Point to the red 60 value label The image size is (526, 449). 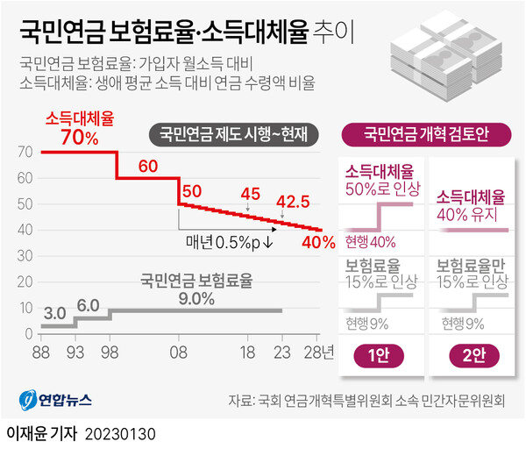[x=147, y=167]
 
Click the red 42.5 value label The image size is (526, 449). [x=292, y=202]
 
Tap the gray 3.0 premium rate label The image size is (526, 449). [x=55, y=313]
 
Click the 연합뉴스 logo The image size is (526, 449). [x=55, y=400]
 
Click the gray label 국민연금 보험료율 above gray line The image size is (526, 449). [x=196, y=281]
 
